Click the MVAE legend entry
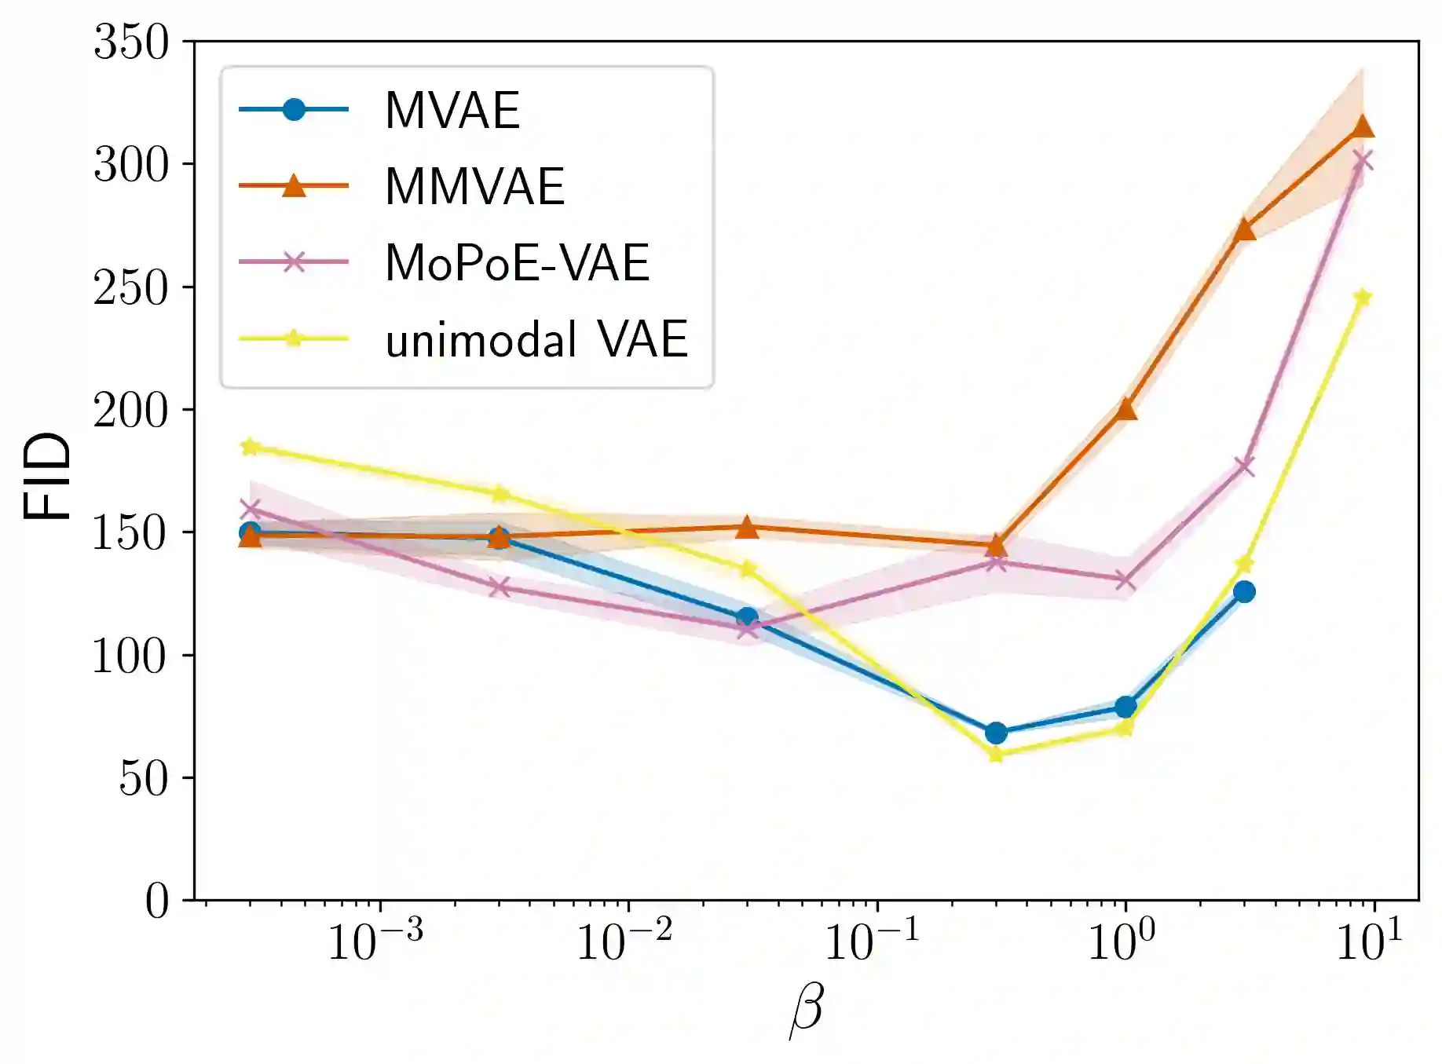(452, 110)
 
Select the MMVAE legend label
(474, 187)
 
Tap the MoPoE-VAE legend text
(517, 263)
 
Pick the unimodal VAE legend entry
(536, 339)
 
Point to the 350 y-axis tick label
(131, 42)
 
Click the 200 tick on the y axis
(131, 410)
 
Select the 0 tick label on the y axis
(157, 901)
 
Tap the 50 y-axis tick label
(144, 778)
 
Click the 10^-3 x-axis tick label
(375, 941)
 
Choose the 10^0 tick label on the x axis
(1121, 941)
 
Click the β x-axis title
(806, 1011)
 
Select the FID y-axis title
(47, 476)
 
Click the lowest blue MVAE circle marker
(996, 733)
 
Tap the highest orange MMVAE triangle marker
(1363, 126)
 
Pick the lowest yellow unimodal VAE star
(996, 755)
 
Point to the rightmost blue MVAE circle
(1244, 591)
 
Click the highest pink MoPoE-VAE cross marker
(1363, 161)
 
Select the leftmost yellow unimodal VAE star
(250, 447)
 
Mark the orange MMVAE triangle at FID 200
(1126, 409)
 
